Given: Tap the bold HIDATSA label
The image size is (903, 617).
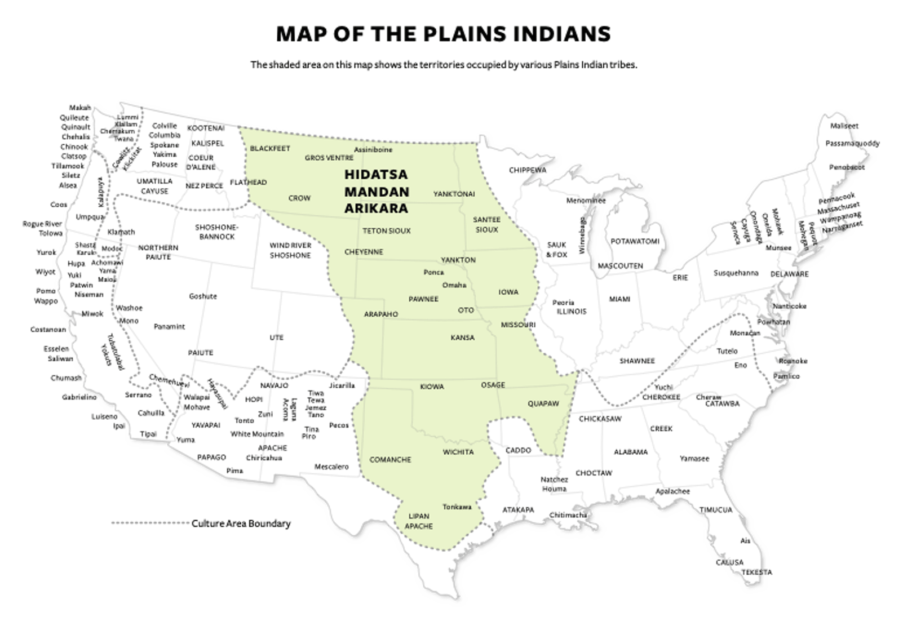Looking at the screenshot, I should pyautogui.click(x=375, y=175).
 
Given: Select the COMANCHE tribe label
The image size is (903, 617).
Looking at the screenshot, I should pyautogui.click(x=390, y=460).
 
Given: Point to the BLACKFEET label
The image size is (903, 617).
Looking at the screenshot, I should pyautogui.click(x=270, y=149).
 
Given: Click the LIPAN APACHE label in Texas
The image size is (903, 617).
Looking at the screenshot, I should pyautogui.click(x=419, y=521).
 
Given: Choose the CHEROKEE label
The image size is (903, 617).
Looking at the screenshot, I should pyautogui.click(x=661, y=397).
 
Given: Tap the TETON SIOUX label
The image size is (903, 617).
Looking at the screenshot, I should pyautogui.click(x=386, y=231).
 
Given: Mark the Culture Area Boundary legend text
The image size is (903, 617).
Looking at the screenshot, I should pyautogui.click(x=241, y=523).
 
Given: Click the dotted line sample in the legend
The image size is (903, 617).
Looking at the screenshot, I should pyautogui.click(x=149, y=523).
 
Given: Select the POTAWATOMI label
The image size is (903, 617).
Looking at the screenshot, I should pyautogui.click(x=635, y=241).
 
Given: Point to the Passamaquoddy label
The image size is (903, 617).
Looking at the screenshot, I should pyautogui.click(x=852, y=144).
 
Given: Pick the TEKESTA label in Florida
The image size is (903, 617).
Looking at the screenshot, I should pyautogui.click(x=756, y=572).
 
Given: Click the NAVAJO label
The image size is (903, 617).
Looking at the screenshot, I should pyautogui.click(x=274, y=386).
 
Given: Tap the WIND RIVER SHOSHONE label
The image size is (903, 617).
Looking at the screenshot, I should pyautogui.click(x=290, y=251).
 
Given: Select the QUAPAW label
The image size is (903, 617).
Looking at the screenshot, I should pyautogui.click(x=543, y=404).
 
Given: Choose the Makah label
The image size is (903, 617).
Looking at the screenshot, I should pyautogui.click(x=80, y=108).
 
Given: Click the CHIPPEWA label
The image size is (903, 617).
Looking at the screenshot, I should pyautogui.click(x=528, y=170).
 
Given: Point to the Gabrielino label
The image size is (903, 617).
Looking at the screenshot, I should pyautogui.click(x=79, y=397).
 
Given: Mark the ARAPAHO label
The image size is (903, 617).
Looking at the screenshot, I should pyautogui.click(x=381, y=314).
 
